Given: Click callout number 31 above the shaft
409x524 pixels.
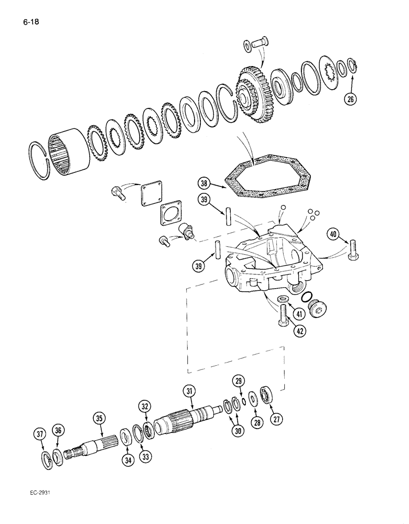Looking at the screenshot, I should point(189,390).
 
